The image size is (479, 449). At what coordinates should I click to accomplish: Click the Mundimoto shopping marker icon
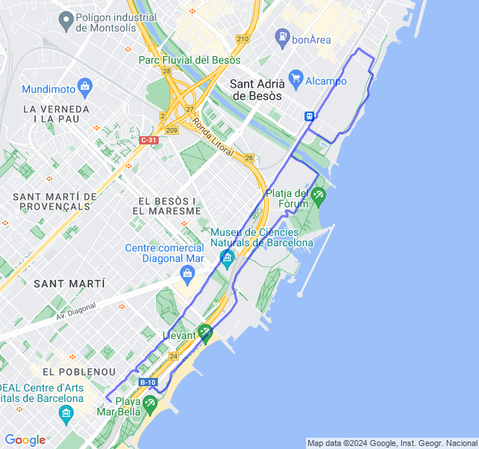85,88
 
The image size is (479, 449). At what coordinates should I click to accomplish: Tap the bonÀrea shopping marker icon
282,35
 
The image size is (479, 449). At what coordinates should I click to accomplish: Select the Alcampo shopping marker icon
296,78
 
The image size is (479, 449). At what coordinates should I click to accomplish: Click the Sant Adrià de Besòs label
257,90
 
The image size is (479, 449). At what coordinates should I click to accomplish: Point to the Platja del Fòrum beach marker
319,196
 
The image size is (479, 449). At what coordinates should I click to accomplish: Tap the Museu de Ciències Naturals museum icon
227,259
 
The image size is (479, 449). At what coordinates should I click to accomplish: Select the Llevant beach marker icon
205,332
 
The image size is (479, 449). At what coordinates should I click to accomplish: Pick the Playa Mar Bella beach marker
149,404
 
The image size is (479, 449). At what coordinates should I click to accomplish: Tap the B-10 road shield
147,382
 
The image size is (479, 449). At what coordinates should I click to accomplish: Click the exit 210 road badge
242,39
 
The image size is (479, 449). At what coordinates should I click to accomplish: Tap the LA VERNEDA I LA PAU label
56,114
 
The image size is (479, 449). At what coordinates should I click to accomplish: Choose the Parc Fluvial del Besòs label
189,60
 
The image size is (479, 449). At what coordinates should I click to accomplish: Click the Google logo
25,440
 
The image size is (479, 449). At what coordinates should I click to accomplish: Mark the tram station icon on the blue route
309,116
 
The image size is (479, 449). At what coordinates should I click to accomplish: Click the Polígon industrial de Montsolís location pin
65,19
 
